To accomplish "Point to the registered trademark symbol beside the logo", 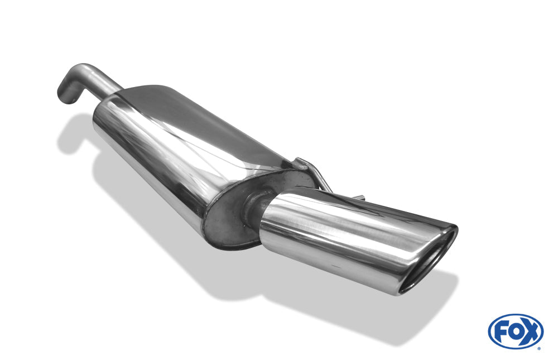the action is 539,349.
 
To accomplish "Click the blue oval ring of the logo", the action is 516,316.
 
